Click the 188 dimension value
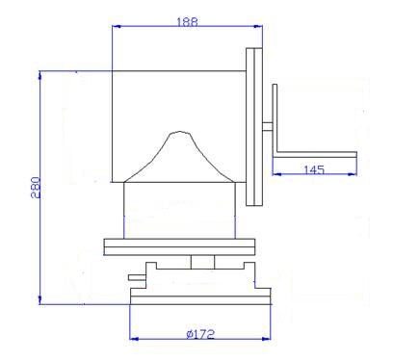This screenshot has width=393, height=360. click(188, 22)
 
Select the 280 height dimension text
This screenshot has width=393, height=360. click(36, 188)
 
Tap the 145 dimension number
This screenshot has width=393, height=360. click(314, 169)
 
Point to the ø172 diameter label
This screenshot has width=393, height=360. click(200, 334)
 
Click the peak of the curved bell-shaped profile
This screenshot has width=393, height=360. click(179, 131)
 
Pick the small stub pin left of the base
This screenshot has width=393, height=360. click(137, 277)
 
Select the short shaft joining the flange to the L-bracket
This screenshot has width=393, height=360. click(267, 126)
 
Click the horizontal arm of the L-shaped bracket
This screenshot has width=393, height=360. click(317, 154)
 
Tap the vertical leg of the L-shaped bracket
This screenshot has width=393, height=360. click(275, 120)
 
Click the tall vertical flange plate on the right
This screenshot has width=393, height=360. click(254, 127)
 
